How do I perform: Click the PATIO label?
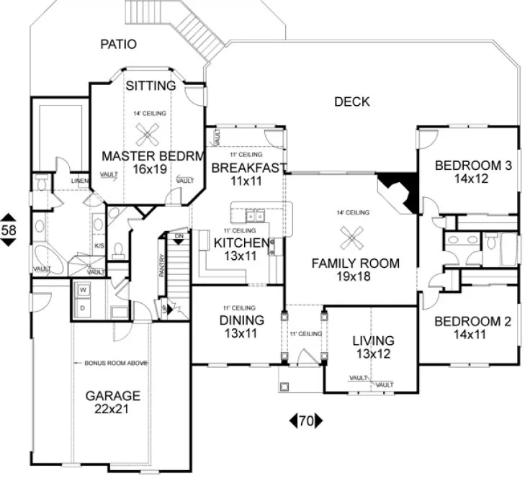117,45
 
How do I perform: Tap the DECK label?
351,102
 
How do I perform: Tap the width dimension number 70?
306,420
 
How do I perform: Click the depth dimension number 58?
9,230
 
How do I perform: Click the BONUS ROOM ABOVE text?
112,364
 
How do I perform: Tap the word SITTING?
151,86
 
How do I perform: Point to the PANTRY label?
163,267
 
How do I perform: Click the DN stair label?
179,235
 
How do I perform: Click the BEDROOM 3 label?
472,166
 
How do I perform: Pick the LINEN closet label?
79,180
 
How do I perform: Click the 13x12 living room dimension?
372,353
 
